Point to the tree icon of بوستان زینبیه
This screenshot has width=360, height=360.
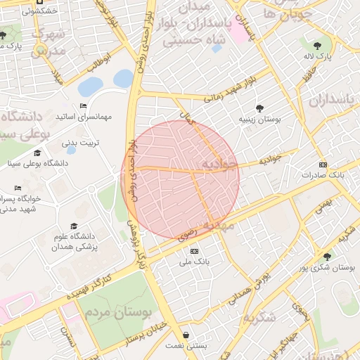click(260, 108)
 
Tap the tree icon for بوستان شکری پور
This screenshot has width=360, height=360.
click(326, 257)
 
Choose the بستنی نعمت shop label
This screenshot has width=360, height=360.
click(185, 346)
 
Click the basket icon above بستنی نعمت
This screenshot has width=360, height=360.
click(186, 335)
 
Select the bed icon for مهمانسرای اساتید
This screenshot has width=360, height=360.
click(84, 105)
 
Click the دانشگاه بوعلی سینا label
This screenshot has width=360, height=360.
click(28, 163)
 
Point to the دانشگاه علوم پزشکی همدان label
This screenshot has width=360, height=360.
click(77, 243)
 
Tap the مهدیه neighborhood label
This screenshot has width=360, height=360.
click(218, 226)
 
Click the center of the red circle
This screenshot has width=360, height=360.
click(180, 179)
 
